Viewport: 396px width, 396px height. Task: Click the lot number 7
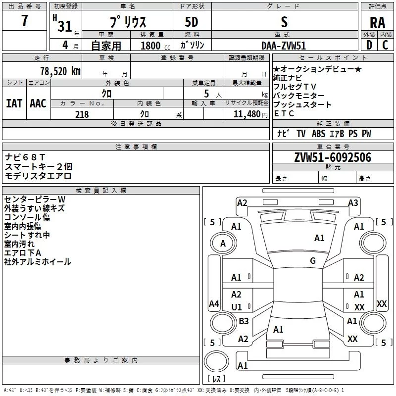coord(25,22)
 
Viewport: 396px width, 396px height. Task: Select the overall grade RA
coord(377,23)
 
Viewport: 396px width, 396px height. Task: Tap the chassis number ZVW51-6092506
coord(333,157)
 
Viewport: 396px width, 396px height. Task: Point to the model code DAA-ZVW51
coord(284,45)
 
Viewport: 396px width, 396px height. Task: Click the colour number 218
coord(82,114)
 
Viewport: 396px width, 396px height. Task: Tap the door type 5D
coord(192,23)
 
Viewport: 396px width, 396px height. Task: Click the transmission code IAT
coord(14,103)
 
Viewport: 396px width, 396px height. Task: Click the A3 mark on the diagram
coord(353,203)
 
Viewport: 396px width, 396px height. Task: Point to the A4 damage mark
coord(214,303)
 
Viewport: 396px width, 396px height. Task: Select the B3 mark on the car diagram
coord(244,321)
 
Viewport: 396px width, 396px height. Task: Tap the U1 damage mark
coord(237,307)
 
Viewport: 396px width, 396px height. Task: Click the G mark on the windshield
coord(313,261)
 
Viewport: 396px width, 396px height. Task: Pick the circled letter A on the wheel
coord(223,243)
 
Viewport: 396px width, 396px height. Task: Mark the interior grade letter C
coord(385,45)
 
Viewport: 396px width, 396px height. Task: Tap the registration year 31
coord(65,27)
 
